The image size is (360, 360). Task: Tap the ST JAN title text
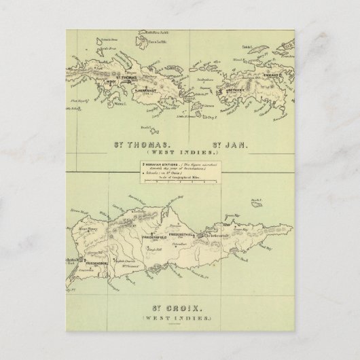tap(229, 145)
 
